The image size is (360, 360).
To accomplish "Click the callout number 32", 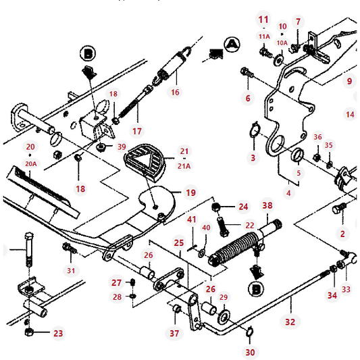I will pyautogui.click(x=290, y=322).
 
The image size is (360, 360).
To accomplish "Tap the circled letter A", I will pyautogui.click(x=232, y=45).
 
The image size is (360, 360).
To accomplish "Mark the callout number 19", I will pyautogui.click(x=190, y=193).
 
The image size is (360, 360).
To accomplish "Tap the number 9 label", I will pyautogui.click(x=349, y=82).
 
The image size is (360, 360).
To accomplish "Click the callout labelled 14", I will pyautogui.click(x=350, y=115).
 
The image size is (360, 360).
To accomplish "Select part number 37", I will pyautogui.click(x=175, y=333).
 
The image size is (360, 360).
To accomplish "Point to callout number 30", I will pyautogui.click(x=250, y=352).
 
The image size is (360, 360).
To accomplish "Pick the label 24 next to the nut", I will pyautogui.click(x=243, y=207).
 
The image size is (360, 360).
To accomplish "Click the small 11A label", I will pyautogui.click(x=263, y=36).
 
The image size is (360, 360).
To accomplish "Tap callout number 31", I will pyautogui.click(x=72, y=271).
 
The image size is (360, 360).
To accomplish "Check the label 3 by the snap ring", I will pyautogui.click(x=253, y=157).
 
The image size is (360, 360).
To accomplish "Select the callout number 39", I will pyautogui.click(x=121, y=147).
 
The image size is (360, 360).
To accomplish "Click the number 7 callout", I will pyautogui.click(x=299, y=22).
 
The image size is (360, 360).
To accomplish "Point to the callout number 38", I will pyautogui.click(x=267, y=205).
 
